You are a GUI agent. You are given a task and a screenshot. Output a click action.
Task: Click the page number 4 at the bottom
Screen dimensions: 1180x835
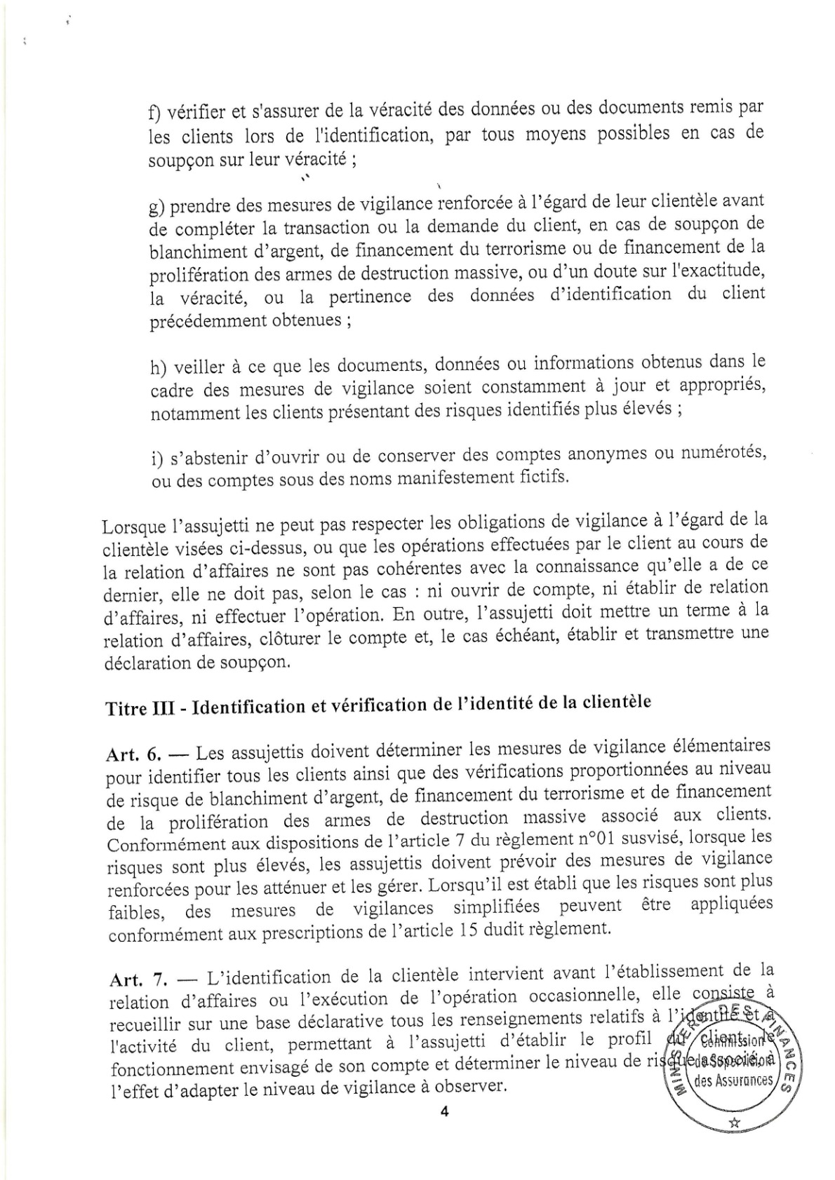pos(443,1112)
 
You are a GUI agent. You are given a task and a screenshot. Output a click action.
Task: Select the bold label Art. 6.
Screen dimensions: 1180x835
pos(133,754)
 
